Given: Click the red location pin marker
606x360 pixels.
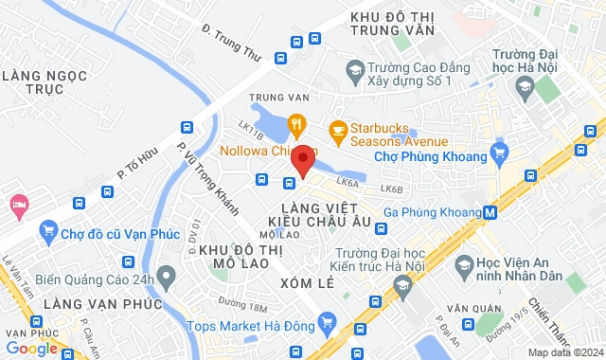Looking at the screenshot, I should (302, 160).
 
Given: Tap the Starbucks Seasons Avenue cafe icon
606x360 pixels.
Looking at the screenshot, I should (335, 128).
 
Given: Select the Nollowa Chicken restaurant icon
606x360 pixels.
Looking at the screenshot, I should (296, 123).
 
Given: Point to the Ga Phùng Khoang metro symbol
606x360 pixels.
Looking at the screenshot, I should (489, 212).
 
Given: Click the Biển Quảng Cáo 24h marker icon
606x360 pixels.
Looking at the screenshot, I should (168, 278).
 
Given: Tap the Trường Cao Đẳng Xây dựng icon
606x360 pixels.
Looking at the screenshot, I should (354, 70).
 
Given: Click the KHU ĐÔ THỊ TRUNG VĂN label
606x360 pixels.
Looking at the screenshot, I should (392, 24).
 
